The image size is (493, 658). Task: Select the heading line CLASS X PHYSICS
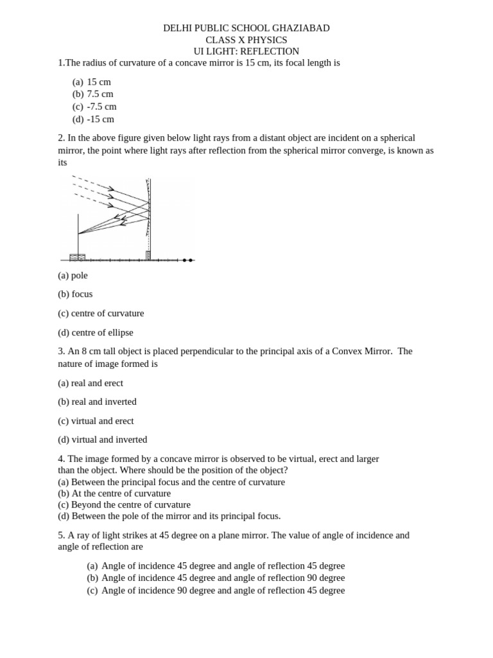(x=246, y=40)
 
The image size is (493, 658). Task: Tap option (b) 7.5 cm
(x=93, y=94)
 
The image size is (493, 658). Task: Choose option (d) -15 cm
(x=93, y=119)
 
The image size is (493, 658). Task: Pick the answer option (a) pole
(x=73, y=275)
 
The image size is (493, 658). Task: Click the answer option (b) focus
(x=75, y=294)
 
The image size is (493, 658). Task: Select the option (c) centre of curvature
(x=101, y=314)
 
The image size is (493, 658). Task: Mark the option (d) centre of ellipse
(x=96, y=333)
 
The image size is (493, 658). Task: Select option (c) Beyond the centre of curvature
(x=124, y=504)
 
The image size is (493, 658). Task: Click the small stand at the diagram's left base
(x=78, y=256)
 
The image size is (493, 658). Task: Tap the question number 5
(x=61, y=535)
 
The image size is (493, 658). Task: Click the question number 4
(x=61, y=459)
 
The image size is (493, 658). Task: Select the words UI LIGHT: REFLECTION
(x=246, y=51)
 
